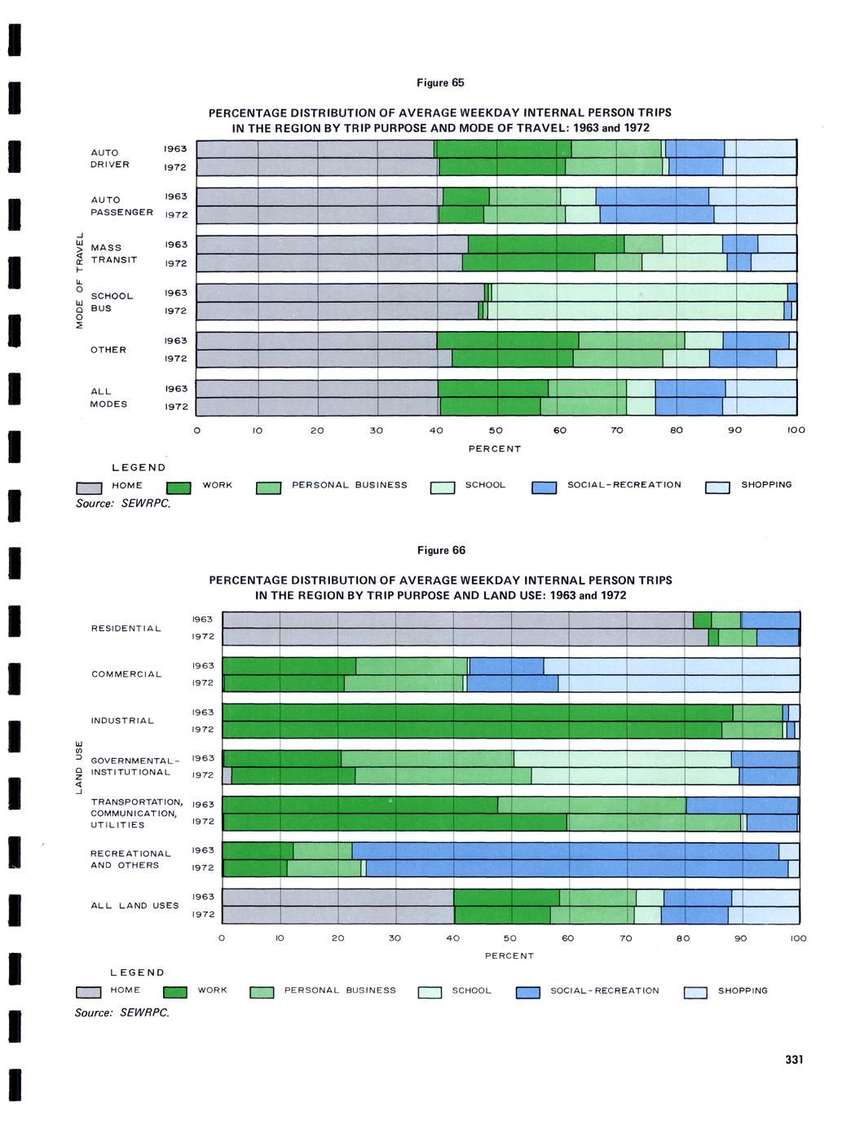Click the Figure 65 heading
coord(440,83)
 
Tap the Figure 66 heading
coord(441,550)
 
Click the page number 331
coord(794,1059)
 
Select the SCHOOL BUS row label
coord(112,302)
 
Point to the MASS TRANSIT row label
coord(113,254)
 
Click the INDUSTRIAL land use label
coord(122,721)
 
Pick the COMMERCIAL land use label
coord(126,674)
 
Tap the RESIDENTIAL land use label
coord(126,629)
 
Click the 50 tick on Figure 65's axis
coord(496,430)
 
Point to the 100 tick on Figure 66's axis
coord(798,938)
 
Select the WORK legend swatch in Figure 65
coord(179,488)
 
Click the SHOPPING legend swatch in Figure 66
coord(695,992)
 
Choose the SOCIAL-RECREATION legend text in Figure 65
coord(624,485)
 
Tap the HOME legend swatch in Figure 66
coord(88,992)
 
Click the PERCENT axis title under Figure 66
coord(509,955)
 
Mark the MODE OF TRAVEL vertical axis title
coord(79,280)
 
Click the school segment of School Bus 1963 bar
coord(639,293)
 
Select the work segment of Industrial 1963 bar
coord(477,712)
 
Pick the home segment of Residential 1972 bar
coord(465,637)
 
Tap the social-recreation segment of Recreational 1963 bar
coord(565,850)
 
